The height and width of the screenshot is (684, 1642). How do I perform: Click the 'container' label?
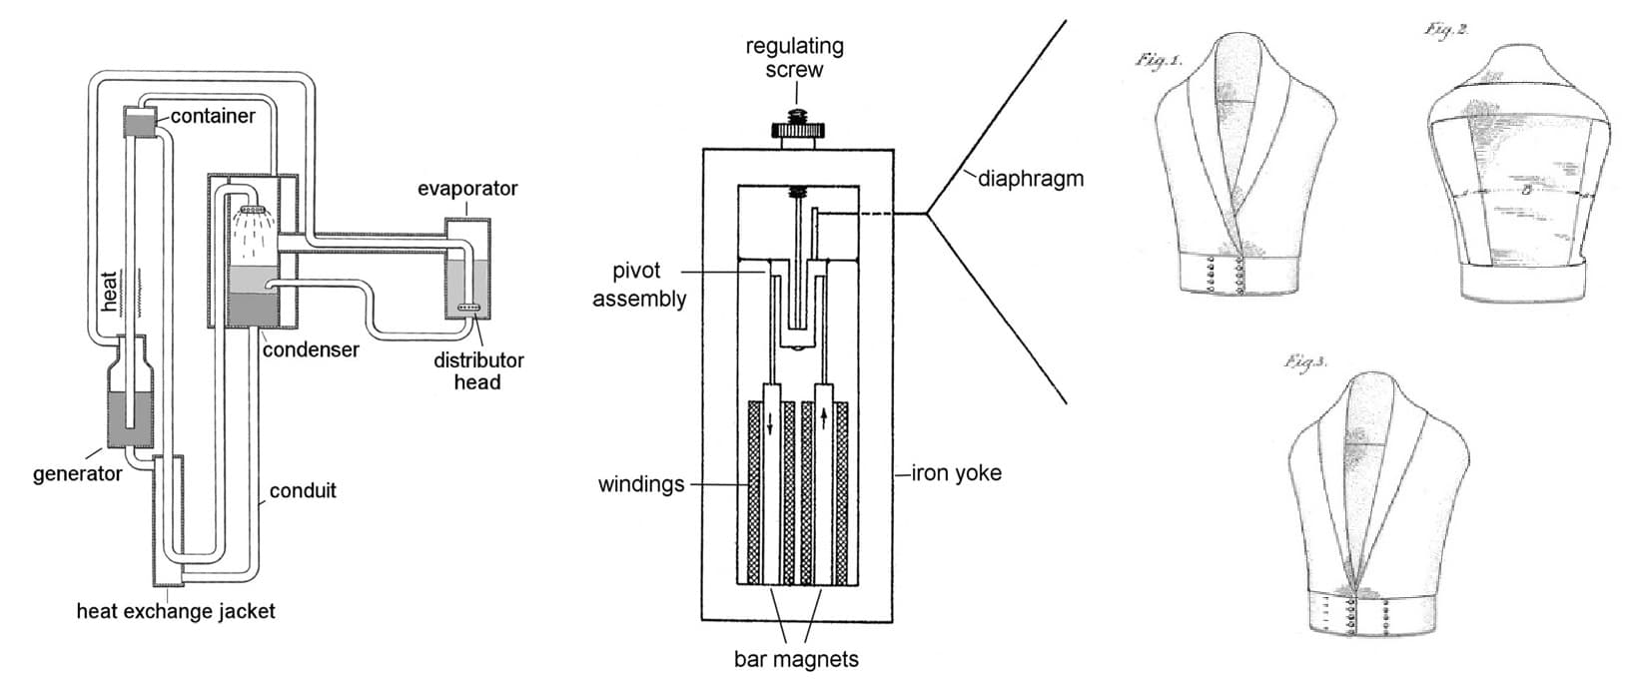click(213, 116)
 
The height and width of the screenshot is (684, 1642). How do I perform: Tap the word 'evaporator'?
click(467, 189)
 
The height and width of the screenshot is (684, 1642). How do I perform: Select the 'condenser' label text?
click(311, 349)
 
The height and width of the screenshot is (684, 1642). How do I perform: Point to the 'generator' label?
click(78, 474)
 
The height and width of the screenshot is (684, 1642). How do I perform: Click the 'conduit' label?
click(303, 490)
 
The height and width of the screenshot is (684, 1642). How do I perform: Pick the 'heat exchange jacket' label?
click(176, 611)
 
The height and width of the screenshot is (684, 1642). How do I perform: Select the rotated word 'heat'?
click(109, 291)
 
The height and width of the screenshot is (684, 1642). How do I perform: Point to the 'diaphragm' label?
click(1031, 179)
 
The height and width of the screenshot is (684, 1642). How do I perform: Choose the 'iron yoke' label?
click(957, 473)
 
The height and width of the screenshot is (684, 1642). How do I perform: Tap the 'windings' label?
click(641, 484)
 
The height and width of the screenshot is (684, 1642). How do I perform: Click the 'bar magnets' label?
click(796, 659)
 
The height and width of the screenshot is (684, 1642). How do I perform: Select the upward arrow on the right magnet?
click(824, 418)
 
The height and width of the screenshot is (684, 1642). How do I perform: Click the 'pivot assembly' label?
click(639, 285)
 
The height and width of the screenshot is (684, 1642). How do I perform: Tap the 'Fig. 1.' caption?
click(1159, 61)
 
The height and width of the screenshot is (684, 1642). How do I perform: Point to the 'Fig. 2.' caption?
click(1446, 30)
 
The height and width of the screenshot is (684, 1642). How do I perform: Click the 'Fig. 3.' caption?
click(1306, 362)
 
